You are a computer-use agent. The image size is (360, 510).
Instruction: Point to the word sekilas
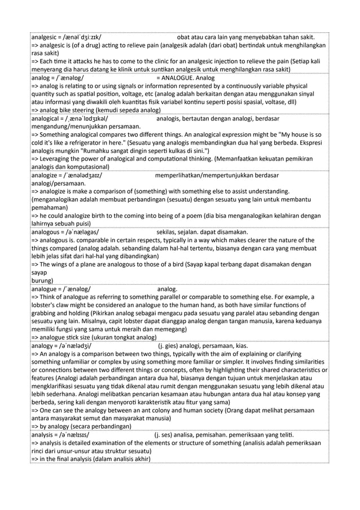tap(169, 231)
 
